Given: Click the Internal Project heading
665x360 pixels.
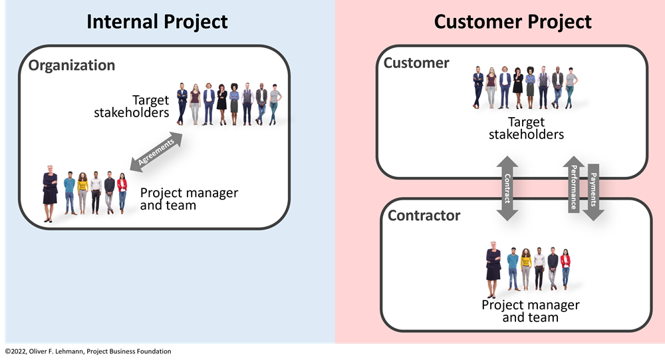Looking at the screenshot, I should pyautogui.click(x=157, y=21).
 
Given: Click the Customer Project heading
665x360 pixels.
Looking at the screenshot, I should pyautogui.click(x=512, y=21).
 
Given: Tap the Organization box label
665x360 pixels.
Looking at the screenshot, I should pyautogui.click(x=72, y=65).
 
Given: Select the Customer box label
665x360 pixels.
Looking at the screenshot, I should pyautogui.click(x=416, y=63).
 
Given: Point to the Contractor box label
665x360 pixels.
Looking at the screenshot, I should pyautogui.click(x=424, y=216).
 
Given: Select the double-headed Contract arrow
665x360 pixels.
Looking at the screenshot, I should pyautogui.click(x=507, y=188).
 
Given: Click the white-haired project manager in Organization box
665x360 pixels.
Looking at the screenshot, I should pyautogui.click(x=50, y=194).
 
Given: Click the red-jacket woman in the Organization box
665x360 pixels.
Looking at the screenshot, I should pyautogui.click(x=122, y=193).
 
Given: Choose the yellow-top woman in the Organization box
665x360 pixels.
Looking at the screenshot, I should pyautogui.click(x=82, y=193).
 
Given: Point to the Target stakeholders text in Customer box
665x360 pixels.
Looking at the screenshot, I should pyautogui.click(x=526, y=128).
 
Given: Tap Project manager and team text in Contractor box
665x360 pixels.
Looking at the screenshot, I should pyautogui.click(x=530, y=311).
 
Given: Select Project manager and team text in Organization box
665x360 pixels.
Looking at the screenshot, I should pyautogui.click(x=189, y=199).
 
